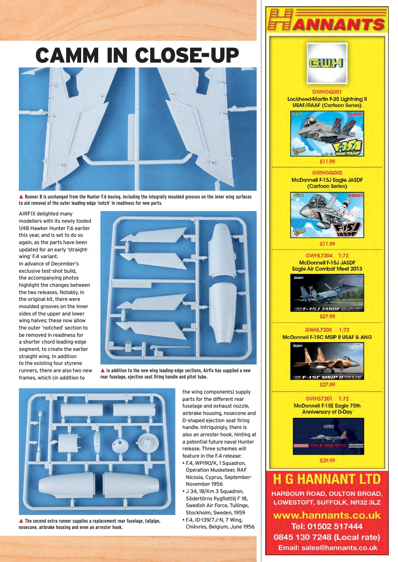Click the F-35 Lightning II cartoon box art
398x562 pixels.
(x=327, y=134)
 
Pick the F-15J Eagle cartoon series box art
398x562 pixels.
(x=327, y=215)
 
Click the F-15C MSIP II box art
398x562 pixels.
(x=327, y=362)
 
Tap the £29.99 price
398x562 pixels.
(x=327, y=460)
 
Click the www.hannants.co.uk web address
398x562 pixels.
(x=327, y=515)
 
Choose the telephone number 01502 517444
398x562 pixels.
(x=327, y=526)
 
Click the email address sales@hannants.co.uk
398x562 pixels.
(x=327, y=547)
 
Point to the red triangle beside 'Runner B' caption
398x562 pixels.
(x=21, y=197)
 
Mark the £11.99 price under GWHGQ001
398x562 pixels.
(x=327, y=162)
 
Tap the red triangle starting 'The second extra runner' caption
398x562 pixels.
(x=21, y=521)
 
